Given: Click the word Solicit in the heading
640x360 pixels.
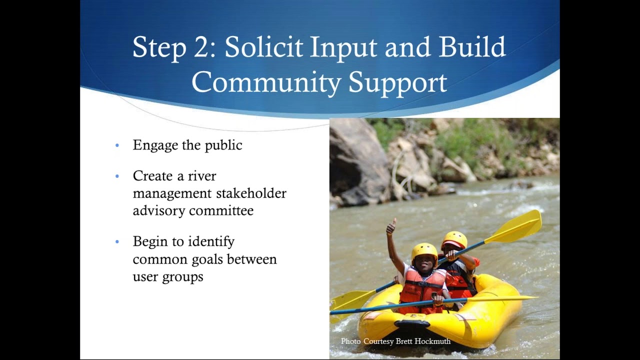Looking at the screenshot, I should (x=263, y=47).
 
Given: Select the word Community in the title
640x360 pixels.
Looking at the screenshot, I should (x=266, y=82).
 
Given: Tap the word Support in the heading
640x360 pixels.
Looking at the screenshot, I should (x=397, y=82).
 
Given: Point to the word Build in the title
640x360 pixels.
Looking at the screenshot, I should (x=472, y=47).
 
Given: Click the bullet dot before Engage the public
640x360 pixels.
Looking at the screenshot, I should (x=117, y=145).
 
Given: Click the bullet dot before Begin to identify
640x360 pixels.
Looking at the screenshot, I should (x=117, y=242).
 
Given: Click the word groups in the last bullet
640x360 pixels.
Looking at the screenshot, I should (x=182, y=276).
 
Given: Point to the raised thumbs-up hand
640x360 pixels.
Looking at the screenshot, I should (x=391, y=227).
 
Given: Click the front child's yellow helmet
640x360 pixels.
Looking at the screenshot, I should (x=424, y=249).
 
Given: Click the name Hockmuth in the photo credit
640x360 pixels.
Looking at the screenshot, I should (x=432, y=341).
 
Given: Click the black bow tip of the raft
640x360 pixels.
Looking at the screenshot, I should (x=412, y=324).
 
